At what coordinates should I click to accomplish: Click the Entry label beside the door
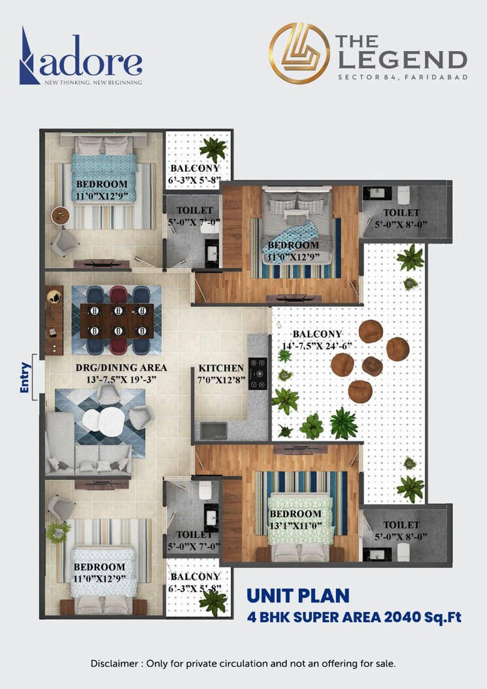coord(25,377)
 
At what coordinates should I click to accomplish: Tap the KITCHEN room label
coord(221,368)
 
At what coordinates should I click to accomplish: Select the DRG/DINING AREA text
coord(121,367)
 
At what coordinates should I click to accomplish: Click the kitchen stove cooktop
coord(258,373)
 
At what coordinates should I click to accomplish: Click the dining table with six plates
coord(116,320)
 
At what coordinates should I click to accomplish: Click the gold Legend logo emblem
coord(299,53)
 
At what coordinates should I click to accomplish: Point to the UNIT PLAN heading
coord(297,596)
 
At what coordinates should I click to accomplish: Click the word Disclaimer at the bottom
coord(114,664)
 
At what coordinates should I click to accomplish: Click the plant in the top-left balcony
coord(213,149)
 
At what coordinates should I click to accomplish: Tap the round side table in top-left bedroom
coord(61,215)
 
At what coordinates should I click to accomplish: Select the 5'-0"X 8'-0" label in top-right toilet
coord(401,224)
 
